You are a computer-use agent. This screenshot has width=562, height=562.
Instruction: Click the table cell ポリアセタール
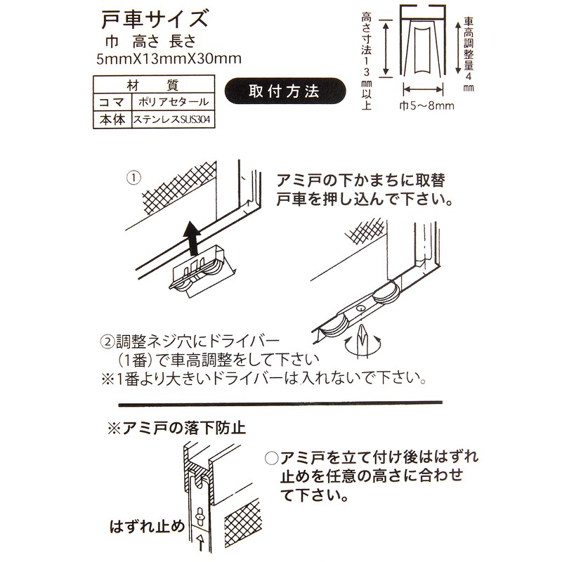coord(170,103)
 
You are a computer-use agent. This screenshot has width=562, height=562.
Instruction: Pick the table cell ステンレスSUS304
coord(170,120)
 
